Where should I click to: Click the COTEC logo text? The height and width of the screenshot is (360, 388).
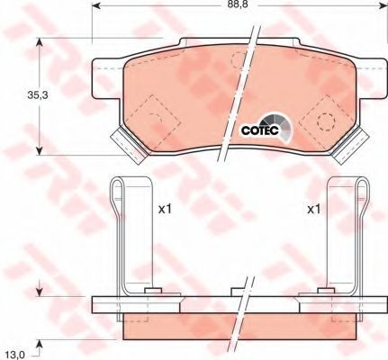[260, 130]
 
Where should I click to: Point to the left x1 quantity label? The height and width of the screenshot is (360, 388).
[165, 210]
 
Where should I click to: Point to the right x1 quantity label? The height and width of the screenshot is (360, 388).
[314, 210]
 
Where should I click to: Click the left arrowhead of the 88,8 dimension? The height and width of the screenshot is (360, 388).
[96, 5]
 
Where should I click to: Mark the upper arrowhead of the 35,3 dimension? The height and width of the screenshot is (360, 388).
[40, 43]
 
